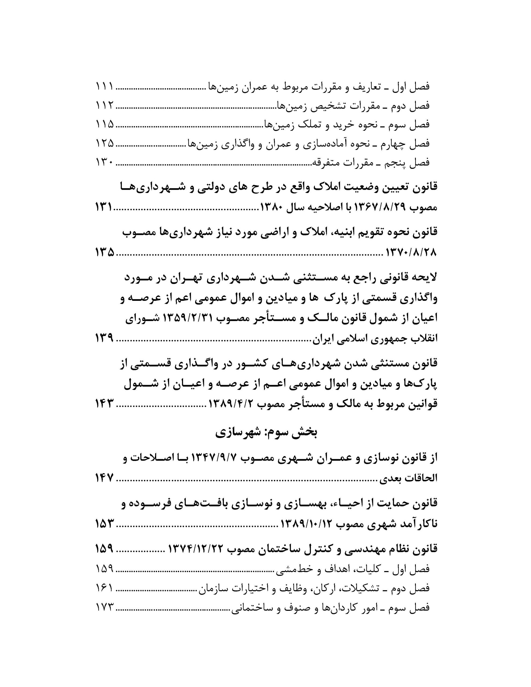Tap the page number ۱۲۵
coord(104,144)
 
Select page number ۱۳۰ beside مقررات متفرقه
coord(104,163)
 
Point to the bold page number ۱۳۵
coord(104,252)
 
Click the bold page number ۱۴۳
coord(104,404)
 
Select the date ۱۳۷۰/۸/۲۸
coord(411,252)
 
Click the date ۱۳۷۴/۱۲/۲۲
coord(197,550)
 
